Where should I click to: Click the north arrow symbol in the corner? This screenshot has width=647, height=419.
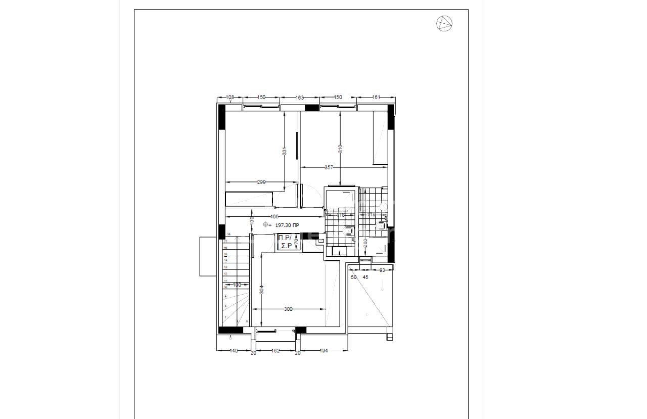tap(444, 23)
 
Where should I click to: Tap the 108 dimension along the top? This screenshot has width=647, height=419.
tap(229, 97)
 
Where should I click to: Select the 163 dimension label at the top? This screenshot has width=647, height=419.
tap(300, 98)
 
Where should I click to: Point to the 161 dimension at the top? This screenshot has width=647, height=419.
tap(376, 97)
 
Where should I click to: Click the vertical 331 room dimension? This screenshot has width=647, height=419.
tap(285, 151)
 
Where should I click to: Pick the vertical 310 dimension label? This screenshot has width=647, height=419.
tap(340, 149)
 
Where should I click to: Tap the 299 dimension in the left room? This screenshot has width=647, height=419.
tap(261, 182)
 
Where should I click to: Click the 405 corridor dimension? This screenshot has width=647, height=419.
tap(274, 216)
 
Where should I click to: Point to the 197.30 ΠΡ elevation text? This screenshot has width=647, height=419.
tap(287, 225)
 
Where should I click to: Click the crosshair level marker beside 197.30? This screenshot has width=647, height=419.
tap(266, 225)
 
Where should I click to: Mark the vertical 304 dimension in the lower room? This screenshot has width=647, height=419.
tap(261, 291)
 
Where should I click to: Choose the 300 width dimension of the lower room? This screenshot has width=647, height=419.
tap(288, 309)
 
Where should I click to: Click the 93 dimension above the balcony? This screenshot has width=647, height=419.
tap(382, 270)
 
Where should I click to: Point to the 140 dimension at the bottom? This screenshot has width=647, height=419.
tap(234, 350)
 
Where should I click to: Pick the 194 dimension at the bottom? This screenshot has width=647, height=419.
tap(324, 350)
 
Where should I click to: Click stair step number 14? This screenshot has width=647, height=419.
tap(225, 260)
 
